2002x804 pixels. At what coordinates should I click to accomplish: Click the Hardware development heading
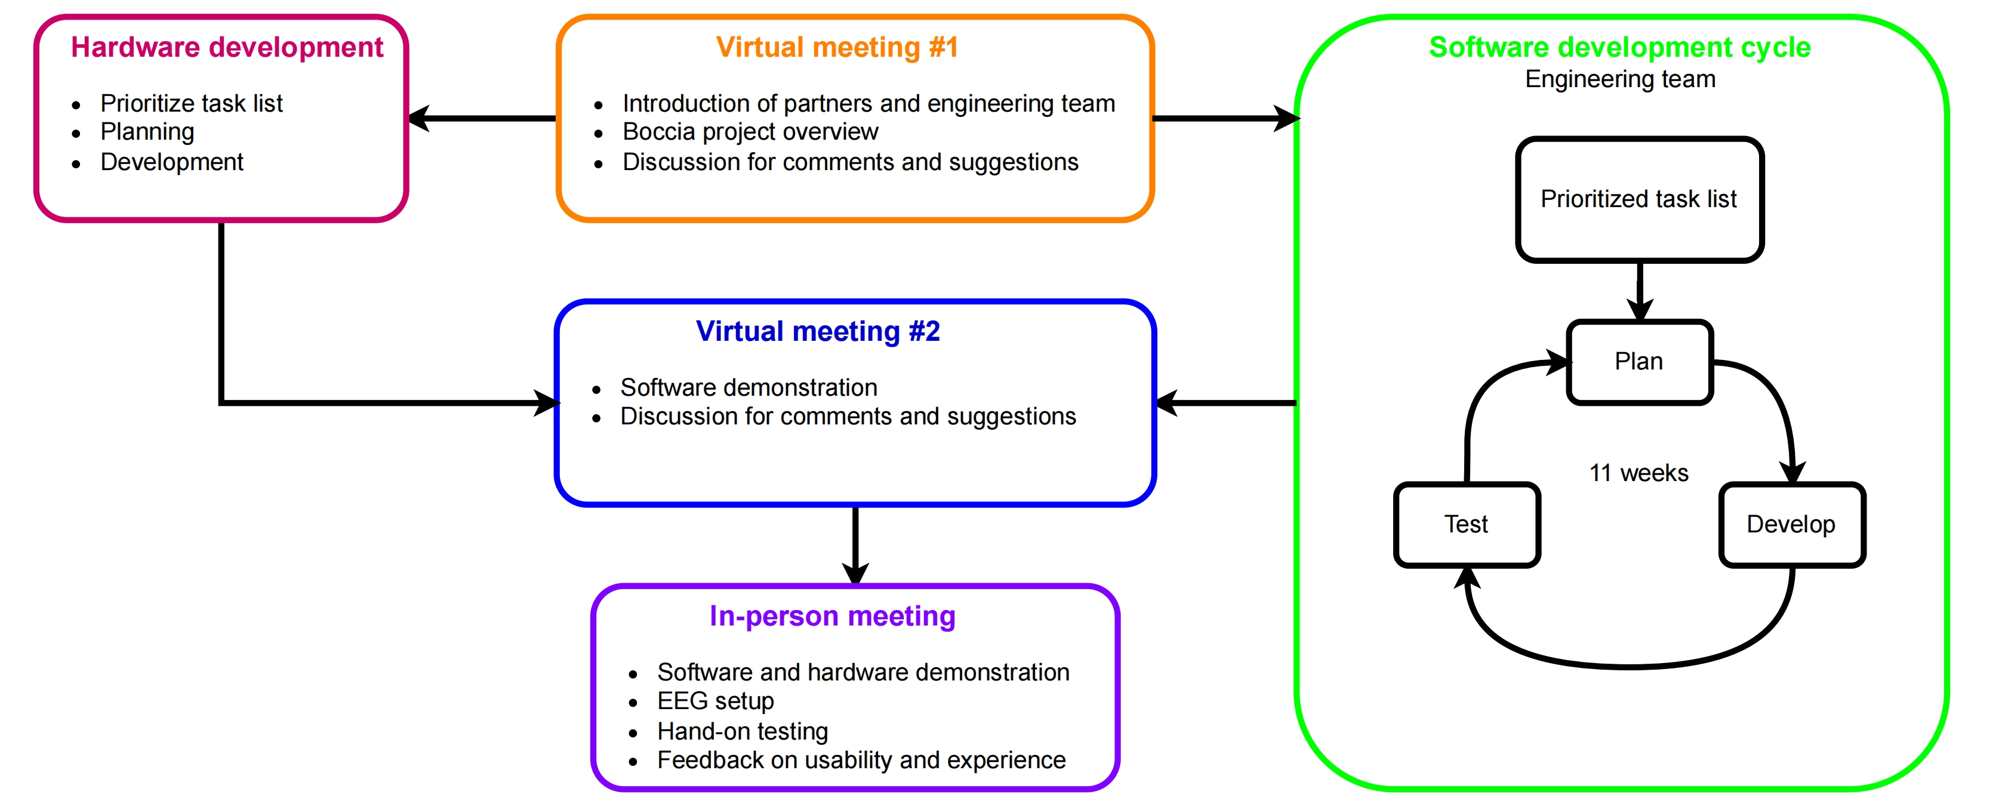tap(227, 47)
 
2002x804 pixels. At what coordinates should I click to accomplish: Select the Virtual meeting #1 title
tap(837, 47)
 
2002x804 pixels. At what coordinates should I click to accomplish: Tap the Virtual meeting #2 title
tap(818, 332)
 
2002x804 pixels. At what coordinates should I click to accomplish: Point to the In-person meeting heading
tap(832, 616)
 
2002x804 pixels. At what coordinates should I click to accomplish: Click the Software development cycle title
tap(1619, 47)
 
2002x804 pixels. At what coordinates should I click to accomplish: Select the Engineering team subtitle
tap(1619, 79)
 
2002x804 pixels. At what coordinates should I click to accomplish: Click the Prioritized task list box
tap(1638, 199)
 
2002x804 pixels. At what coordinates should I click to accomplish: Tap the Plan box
tap(1638, 362)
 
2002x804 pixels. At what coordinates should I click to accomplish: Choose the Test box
tap(1466, 524)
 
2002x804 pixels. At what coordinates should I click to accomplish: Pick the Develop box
tap(1791, 524)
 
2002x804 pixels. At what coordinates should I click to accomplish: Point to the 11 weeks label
tap(1638, 473)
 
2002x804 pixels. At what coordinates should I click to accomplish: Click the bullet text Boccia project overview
tap(750, 132)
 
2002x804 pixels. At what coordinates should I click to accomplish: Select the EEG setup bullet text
tap(715, 701)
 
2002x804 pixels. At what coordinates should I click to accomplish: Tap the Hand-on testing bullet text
tap(742, 731)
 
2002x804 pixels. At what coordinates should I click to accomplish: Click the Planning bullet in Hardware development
tap(147, 132)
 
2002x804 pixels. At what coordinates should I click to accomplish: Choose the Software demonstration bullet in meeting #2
tap(749, 387)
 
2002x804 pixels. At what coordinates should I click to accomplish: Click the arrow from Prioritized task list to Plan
tap(1639, 291)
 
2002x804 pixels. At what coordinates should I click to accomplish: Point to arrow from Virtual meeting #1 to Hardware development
tap(482, 119)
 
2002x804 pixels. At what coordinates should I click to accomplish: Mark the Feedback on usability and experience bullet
tap(861, 760)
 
